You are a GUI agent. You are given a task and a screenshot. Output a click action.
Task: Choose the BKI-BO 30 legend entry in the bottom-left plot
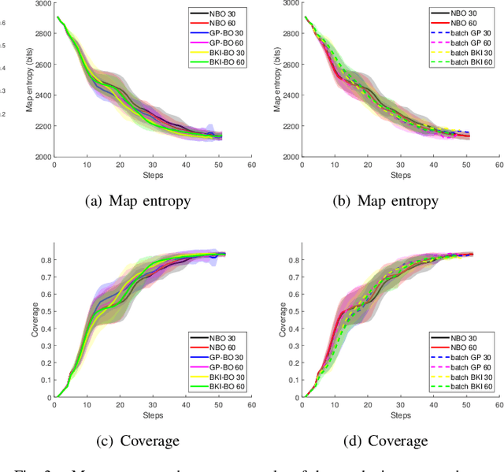224,377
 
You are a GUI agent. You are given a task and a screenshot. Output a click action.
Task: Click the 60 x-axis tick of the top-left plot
251,165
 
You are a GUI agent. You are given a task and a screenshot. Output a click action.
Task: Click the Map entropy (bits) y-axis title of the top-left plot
30,80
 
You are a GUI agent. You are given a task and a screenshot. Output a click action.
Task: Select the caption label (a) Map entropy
137,201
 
